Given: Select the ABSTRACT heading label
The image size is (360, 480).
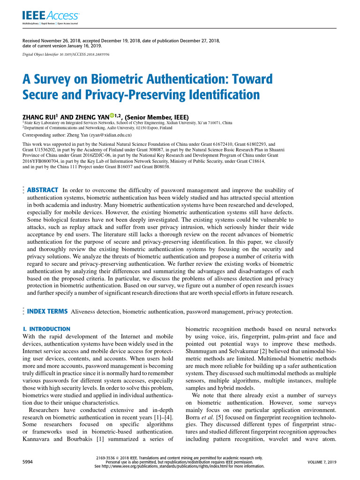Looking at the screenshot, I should click(x=43, y=190).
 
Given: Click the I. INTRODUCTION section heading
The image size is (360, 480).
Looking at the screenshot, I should click(x=46, y=329).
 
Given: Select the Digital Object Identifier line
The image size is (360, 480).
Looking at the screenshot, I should click(x=66, y=55).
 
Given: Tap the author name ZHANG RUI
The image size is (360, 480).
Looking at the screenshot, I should click(x=39, y=117).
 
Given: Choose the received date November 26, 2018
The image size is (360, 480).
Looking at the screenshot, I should click(x=63, y=41).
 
